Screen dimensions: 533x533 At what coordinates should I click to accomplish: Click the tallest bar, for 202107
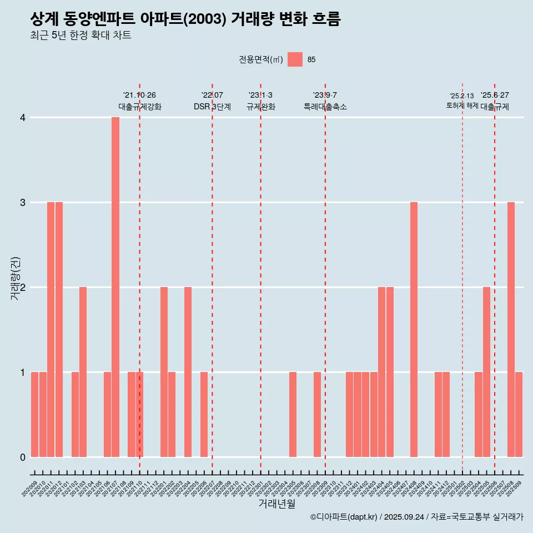[x=115, y=287]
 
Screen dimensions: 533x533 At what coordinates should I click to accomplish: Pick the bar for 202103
[x=83, y=372]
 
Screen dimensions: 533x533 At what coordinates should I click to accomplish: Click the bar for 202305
[x=293, y=414]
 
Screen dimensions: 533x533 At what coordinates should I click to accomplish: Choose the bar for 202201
[x=164, y=372]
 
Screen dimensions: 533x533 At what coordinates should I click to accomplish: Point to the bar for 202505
[x=486, y=372]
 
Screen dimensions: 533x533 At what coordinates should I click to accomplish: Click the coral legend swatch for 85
[x=295, y=59]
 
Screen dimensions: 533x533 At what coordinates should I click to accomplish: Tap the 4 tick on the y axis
[x=23, y=118]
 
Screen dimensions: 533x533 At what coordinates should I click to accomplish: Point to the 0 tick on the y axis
[x=23, y=457]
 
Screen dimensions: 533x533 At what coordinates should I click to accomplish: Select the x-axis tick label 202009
[x=30, y=490]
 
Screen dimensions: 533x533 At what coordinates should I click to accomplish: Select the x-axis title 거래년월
[x=276, y=504]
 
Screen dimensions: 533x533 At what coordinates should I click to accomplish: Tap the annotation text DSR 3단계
[x=212, y=107]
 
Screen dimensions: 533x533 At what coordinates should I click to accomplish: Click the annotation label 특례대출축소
[x=325, y=107]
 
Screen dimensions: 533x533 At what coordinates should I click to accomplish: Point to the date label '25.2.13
[x=462, y=96]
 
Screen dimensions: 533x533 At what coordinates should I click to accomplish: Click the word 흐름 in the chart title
[x=326, y=19]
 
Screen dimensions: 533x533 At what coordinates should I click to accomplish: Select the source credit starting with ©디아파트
[x=416, y=517]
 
